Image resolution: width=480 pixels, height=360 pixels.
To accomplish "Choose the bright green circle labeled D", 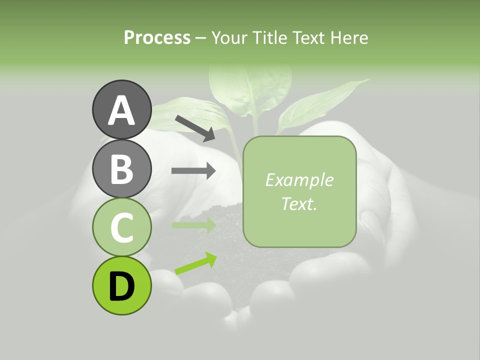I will (x=121, y=285).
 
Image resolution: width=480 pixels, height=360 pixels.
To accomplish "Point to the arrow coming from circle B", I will (x=193, y=171).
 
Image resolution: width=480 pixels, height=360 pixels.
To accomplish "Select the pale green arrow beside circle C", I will (x=193, y=225).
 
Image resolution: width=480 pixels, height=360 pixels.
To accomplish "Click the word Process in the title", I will (x=157, y=38).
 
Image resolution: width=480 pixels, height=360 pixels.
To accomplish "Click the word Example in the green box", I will (x=299, y=180).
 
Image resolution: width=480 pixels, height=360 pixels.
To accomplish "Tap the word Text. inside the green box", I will (x=299, y=203).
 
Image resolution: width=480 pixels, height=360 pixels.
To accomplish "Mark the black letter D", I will (x=121, y=286).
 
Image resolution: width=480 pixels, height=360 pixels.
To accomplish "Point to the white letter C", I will (x=121, y=227).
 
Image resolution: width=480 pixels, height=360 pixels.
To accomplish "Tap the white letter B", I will (x=121, y=169).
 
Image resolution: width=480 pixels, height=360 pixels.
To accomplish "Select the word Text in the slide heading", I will (x=308, y=38).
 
